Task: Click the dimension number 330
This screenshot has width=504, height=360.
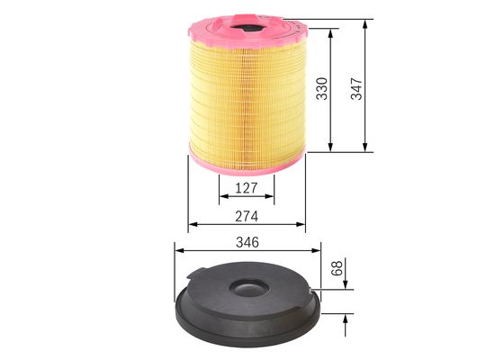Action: pos(321,88)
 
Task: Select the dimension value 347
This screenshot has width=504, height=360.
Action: pos(356,87)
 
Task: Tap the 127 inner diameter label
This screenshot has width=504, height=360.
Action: pos(247,188)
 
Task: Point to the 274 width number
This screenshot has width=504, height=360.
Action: pos(247,216)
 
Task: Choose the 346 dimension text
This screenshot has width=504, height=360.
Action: pos(247,242)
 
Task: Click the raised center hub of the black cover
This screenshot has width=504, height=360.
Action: pos(248,289)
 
